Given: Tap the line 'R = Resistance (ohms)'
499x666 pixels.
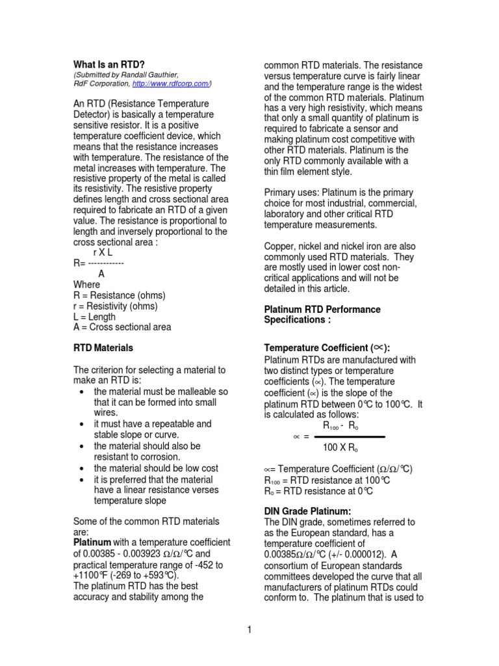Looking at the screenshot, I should click(x=120, y=295).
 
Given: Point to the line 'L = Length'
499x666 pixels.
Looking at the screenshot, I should click(x=95, y=317).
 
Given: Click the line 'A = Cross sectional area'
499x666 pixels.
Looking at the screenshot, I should click(x=122, y=327).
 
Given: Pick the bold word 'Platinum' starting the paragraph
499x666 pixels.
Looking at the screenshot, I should click(x=92, y=542).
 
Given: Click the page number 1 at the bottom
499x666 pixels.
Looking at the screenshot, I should click(x=249, y=629).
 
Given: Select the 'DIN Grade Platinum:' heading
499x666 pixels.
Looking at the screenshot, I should click(x=307, y=511).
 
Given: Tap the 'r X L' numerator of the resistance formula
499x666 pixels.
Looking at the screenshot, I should click(x=103, y=252).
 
